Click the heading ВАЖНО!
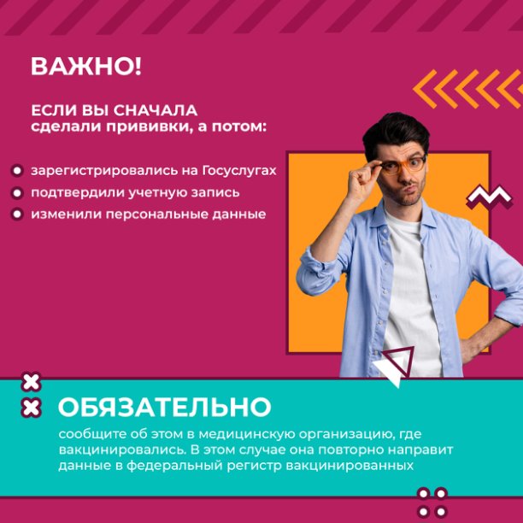pos(86,67)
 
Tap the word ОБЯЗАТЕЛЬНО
pos(164,407)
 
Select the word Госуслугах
pos(239,171)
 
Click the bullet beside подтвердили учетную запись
pos(17,193)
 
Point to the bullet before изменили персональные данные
pos(17,214)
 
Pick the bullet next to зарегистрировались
pos(17,171)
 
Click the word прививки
pos(149,127)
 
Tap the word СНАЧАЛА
pos(155,110)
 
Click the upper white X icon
pos(31,382)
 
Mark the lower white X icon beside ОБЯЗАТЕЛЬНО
pos(31,408)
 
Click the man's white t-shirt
pos(410,293)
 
